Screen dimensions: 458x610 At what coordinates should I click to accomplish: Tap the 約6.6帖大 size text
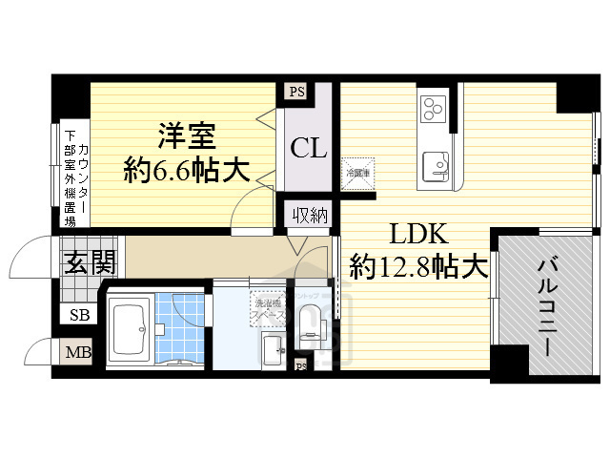tap(187, 172)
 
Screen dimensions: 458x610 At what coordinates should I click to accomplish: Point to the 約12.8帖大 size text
tap(412, 265)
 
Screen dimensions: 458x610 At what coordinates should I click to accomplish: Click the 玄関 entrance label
tap(90, 262)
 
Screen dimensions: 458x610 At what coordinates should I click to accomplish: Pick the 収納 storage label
tap(310, 216)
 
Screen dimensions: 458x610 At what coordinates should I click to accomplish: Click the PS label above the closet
tap(295, 93)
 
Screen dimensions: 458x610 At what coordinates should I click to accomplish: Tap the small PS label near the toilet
tap(301, 365)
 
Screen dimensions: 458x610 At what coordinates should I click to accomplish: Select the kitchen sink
tap(437, 165)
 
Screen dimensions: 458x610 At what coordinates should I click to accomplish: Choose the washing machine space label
tap(266, 310)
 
